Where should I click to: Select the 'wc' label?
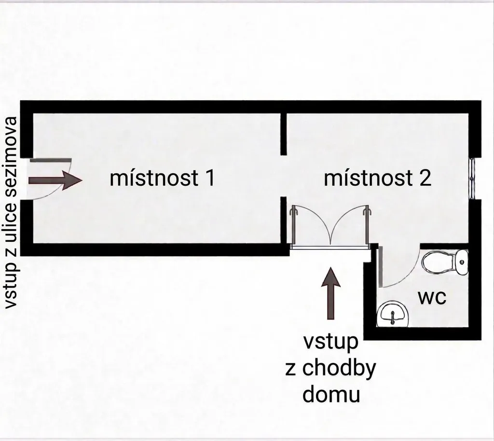[x=432, y=297]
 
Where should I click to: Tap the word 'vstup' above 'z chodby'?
[x=331, y=342]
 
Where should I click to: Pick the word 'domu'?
[x=331, y=395]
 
